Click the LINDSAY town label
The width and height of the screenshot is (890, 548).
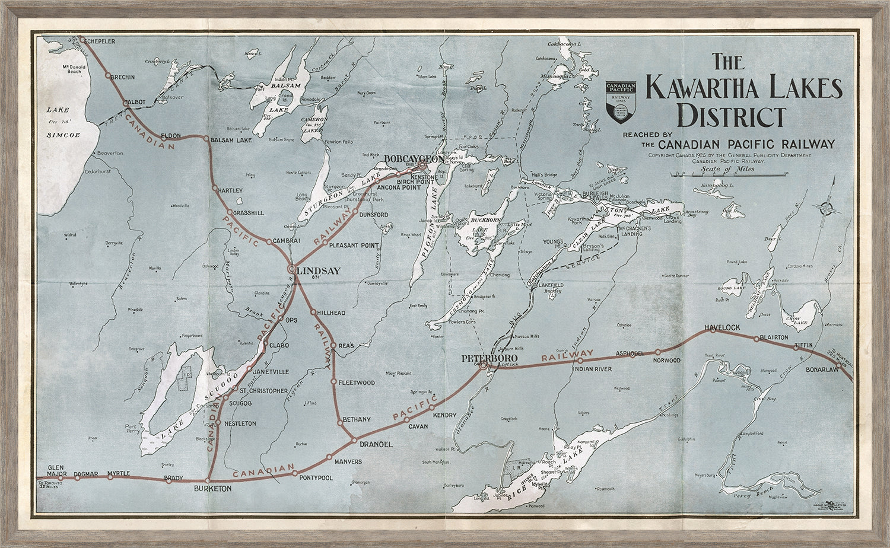tap(318, 271)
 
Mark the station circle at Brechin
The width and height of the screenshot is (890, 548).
tap(108, 75)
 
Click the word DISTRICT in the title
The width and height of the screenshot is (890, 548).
tap(730, 115)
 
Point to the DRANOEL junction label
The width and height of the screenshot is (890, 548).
tap(373, 444)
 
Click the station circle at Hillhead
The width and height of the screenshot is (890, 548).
tap(313, 311)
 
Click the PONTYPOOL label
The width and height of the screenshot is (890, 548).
tap(316, 477)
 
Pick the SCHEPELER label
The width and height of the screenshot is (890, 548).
tap(100, 41)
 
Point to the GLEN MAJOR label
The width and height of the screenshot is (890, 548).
tap(47, 470)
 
